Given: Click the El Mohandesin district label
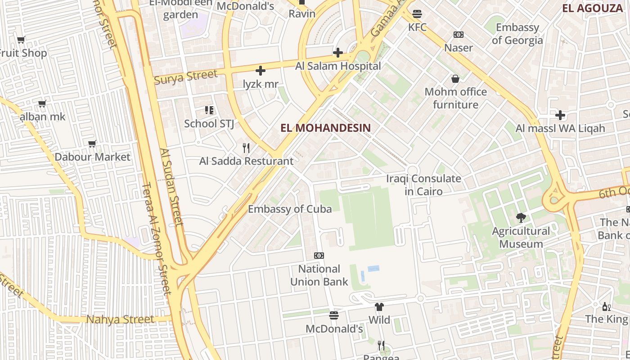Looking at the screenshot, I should (325, 128).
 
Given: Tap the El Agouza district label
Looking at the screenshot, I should (592, 8).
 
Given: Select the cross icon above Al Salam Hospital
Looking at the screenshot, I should (338, 53).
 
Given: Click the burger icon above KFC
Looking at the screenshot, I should (417, 14).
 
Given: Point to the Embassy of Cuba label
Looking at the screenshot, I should (290, 209).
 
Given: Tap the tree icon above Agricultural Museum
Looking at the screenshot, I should (521, 218).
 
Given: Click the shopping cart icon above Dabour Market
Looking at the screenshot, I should (92, 144).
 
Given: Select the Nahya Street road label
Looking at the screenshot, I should (120, 319).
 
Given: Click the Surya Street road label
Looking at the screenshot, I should (185, 77).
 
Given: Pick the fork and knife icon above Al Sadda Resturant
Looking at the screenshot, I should (246, 148).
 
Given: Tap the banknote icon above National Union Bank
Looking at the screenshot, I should (319, 256).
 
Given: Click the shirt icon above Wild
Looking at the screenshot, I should (379, 307).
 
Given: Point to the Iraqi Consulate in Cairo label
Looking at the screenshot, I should (423, 185).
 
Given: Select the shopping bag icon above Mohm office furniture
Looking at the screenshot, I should (455, 79).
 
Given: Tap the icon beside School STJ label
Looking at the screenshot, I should (209, 110).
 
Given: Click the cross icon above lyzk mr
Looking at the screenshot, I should (260, 71).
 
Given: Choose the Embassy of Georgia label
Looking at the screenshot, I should (517, 34).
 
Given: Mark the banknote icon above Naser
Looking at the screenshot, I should (458, 35).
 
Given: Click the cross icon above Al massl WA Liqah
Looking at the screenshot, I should (560, 115).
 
